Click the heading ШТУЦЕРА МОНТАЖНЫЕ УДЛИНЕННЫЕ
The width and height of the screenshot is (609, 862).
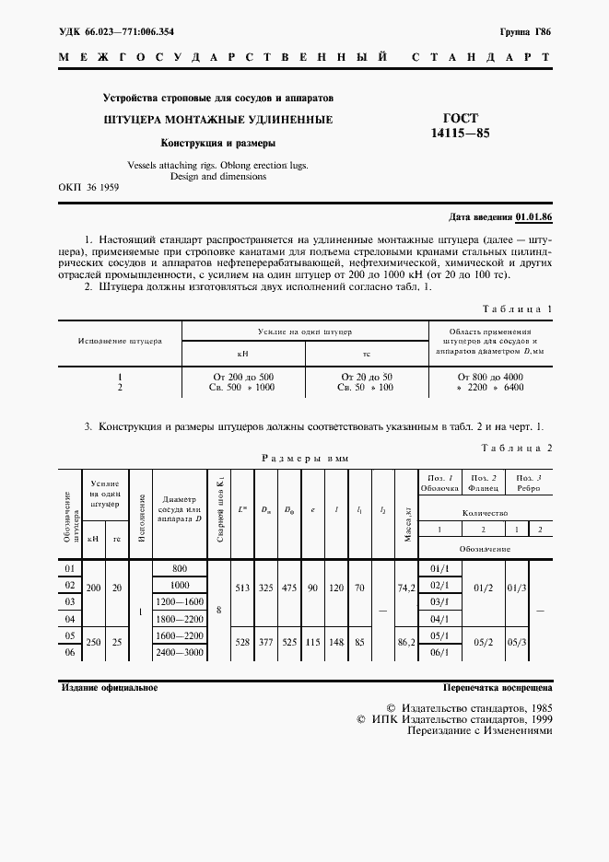click(x=217, y=120)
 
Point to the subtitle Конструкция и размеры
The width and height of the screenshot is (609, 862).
click(x=217, y=143)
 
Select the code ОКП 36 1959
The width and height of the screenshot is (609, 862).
click(x=88, y=186)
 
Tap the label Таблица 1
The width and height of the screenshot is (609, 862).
click(x=517, y=309)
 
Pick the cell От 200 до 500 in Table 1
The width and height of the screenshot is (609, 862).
click(x=242, y=377)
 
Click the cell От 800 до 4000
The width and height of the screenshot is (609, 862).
click(x=490, y=377)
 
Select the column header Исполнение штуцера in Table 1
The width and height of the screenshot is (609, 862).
click(x=120, y=341)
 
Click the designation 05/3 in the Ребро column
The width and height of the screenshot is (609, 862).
click(x=519, y=637)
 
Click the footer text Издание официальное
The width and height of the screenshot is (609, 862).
click(x=109, y=688)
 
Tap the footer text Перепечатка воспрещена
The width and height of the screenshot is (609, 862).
click(x=497, y=688)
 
